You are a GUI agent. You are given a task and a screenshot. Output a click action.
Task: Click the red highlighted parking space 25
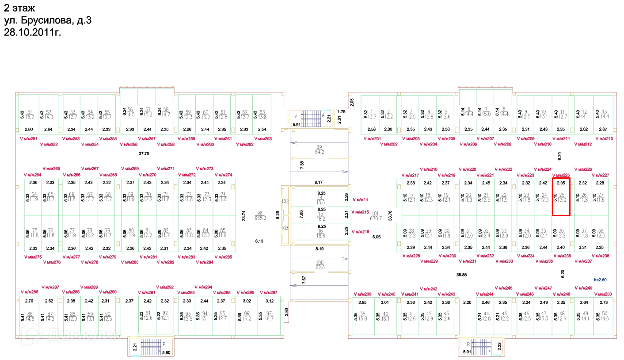click(561, 197)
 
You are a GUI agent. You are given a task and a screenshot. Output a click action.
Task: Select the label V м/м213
click(604, 139)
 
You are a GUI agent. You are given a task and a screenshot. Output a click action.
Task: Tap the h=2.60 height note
click(601, 280)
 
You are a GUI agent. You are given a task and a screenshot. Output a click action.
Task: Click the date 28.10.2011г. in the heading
click(32, 32)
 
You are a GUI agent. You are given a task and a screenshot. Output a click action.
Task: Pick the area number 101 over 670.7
click(375, 215)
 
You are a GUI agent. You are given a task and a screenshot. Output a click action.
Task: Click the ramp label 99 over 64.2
click(320, 149)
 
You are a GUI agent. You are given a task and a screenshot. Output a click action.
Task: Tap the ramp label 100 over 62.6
click(320, 265)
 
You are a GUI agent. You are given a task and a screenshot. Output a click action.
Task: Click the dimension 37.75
click(144, 153)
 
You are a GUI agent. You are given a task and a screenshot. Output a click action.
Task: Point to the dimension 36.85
click(461, 275)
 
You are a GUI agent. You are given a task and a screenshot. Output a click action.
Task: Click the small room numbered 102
click(285, 201)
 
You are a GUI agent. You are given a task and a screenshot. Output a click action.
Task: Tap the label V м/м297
click(269, 293)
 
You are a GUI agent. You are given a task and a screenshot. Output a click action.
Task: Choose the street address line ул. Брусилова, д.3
click(48, 20)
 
